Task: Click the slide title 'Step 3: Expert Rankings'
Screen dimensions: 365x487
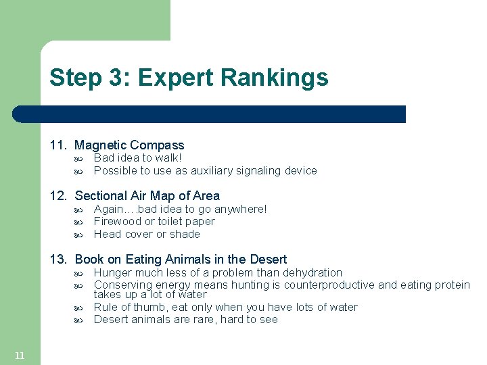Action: (189, 78)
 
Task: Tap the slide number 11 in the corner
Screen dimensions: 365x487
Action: (20, 356)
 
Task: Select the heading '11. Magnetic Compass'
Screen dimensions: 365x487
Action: (116, 145)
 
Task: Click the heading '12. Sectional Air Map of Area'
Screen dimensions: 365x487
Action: (135, 196)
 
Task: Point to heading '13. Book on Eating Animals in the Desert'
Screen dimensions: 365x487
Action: (168, 260)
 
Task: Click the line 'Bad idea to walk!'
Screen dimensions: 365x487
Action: (137, 157)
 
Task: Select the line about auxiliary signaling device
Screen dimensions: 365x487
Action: (205, 170)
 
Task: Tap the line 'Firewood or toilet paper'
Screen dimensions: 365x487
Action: (154, 221)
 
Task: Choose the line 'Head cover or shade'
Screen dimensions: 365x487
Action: (147, 234)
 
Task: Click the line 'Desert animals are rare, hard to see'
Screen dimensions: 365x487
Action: (185, 319)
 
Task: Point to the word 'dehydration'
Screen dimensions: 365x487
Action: (313, 272)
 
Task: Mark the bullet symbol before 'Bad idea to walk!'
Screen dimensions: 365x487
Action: (78, 158)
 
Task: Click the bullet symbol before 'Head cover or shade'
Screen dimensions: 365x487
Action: (78, 235)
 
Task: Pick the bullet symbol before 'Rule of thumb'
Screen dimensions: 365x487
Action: (78, 308)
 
